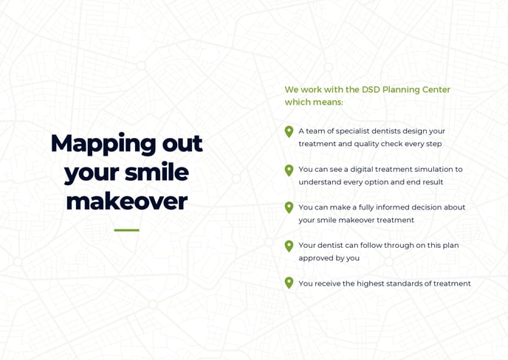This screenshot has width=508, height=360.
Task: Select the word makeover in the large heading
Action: pos(126,201)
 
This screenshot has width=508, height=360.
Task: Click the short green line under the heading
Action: pos(126,230)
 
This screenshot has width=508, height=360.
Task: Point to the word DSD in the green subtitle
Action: pos(371,90)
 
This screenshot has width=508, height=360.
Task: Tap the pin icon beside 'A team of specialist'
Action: pos(289,131)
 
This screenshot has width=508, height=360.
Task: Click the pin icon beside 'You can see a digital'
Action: pos(289,170)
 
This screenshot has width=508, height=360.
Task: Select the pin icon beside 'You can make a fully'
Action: pos(289,208)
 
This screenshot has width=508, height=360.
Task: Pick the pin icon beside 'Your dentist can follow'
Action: pos(289,246)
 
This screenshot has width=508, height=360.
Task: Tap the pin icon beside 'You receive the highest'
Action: pos(289,283)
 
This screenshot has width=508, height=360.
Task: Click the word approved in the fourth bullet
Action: pos(316,258)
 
